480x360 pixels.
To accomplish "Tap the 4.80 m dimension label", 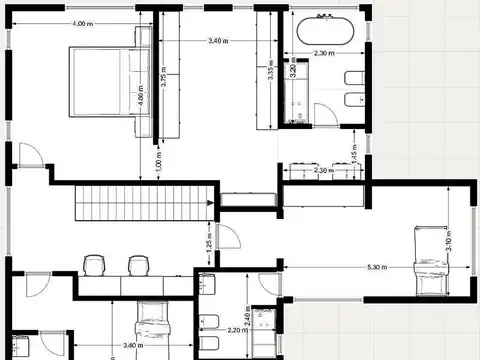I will tap(141, 100).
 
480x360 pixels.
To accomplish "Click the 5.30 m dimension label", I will tap(378, 267).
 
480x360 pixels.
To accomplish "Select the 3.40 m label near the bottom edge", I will tap(131, 346).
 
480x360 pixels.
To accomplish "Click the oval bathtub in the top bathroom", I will tap(322, 30).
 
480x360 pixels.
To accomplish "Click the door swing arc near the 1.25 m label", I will tap(228, 240).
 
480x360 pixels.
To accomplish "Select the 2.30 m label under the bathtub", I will tap(323, 53).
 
